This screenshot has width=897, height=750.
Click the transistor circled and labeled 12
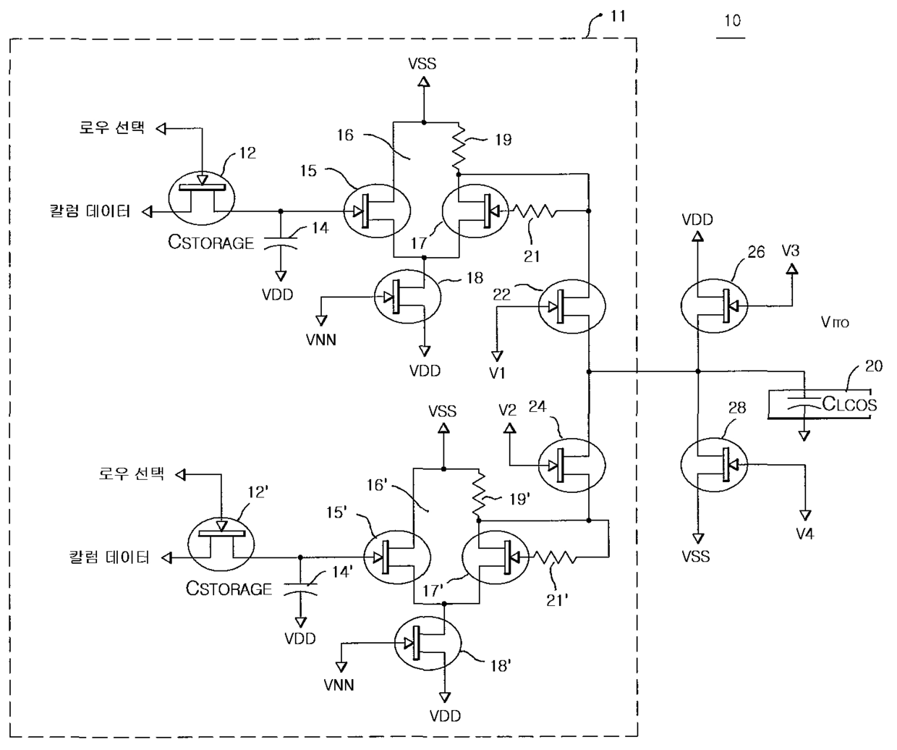(202, 198)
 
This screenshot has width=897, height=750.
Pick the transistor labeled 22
(571, 306)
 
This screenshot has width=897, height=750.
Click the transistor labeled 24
(571, 465)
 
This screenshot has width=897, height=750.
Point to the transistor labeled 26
(714, 306)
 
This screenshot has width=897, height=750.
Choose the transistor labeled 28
(714, 465)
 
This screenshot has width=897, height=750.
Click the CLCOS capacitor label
(849, 404)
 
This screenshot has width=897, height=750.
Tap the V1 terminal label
(497, 373)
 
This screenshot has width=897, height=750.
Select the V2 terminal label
(507, 410)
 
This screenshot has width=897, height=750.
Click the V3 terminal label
(791, 250)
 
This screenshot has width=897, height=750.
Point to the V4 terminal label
(805, 534)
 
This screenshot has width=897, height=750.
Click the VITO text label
(835, 322)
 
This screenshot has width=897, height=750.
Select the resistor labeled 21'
(554, 557)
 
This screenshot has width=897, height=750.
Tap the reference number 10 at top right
(733, 21)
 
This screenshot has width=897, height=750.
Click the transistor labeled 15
(377, 211)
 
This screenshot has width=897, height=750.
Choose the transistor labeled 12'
(221, 544)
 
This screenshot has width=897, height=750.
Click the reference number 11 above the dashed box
(618, 17)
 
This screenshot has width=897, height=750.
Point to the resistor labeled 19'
(479, 493)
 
